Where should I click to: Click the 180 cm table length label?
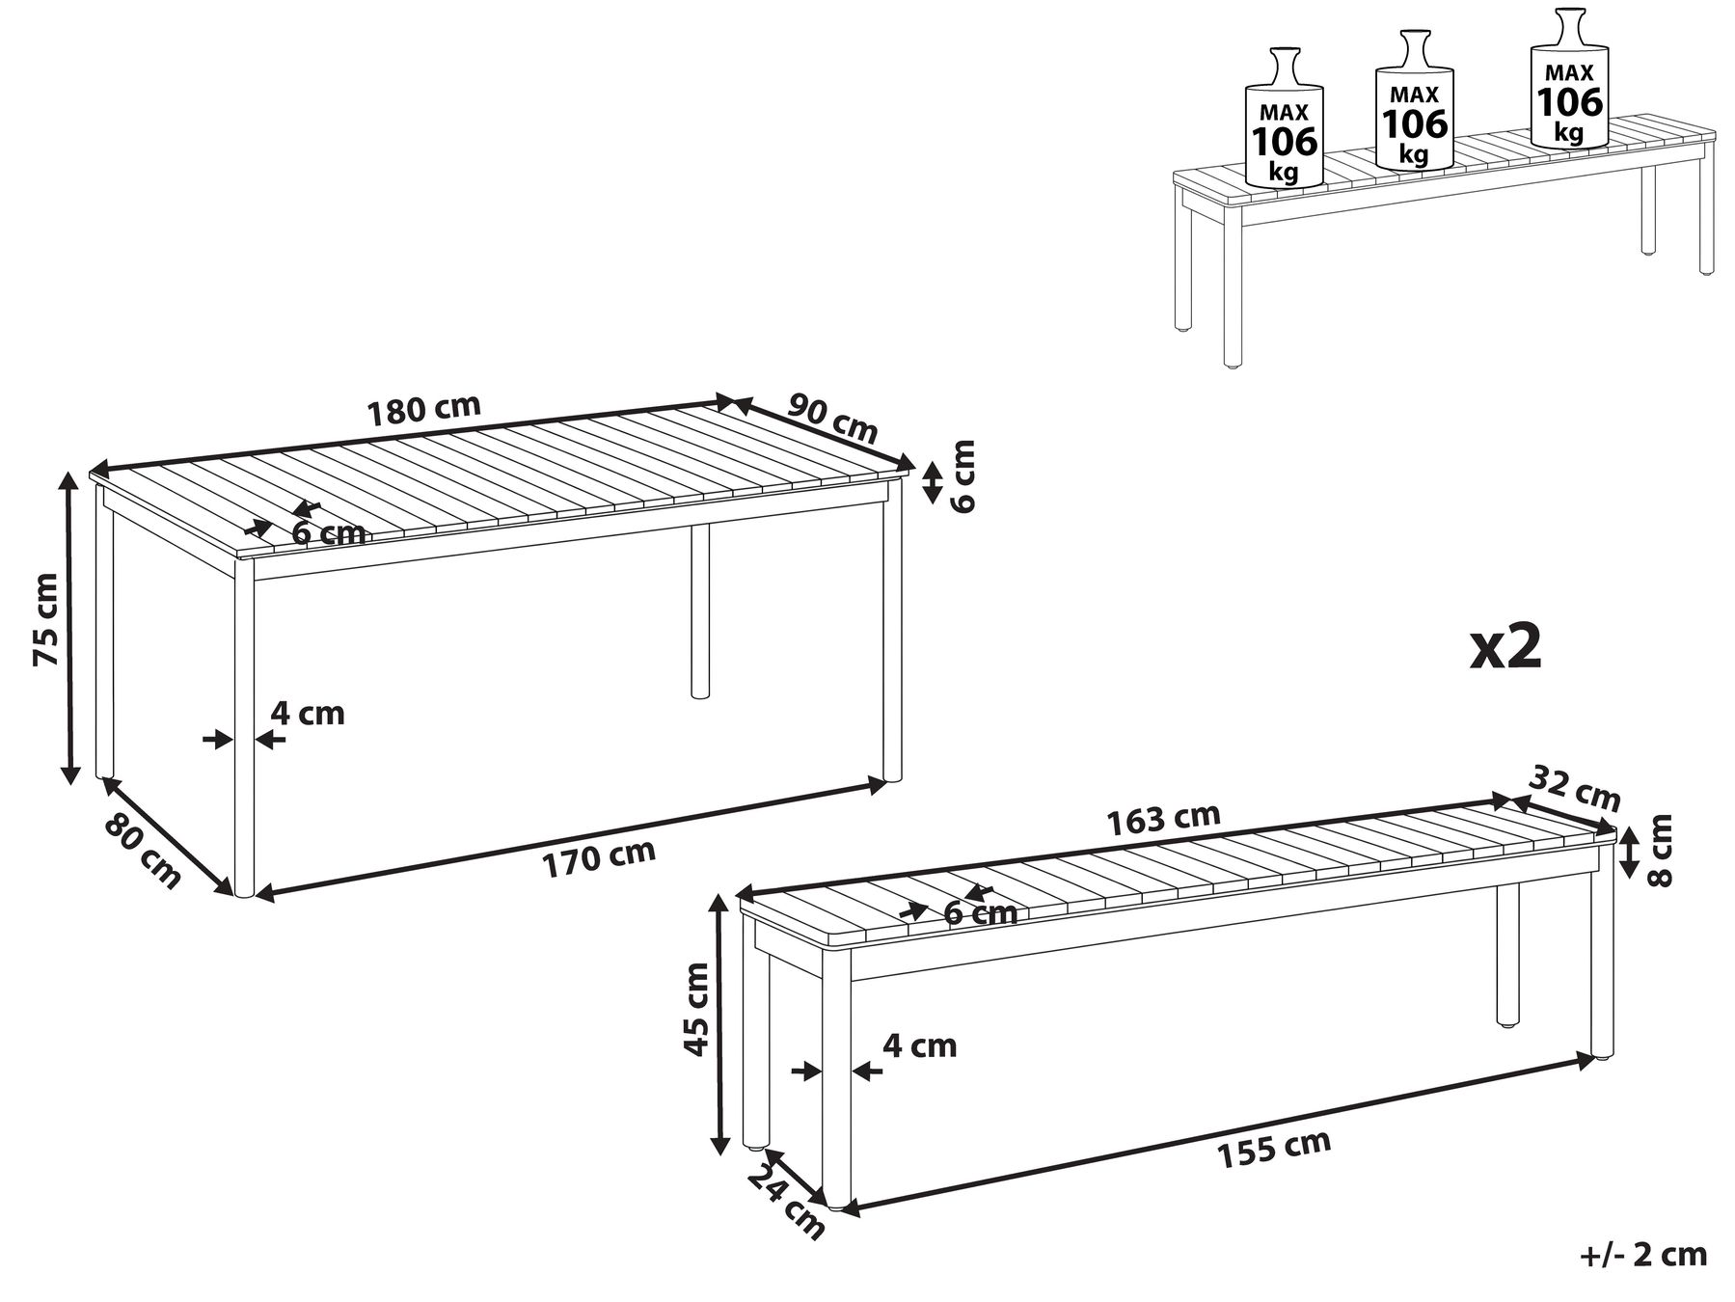coord(424,409)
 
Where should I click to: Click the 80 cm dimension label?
coord(141,852)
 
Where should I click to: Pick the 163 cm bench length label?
coord(1163,819)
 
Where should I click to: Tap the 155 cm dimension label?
coord(1274,1149)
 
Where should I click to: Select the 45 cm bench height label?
coord(695,1009)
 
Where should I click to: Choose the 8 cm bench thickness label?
coord(1660,849)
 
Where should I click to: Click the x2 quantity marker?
coord(1505,648)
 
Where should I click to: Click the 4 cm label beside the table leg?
coord(307,714)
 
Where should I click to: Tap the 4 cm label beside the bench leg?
coord(920,1045)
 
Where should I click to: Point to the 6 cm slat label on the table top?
coord(329,533)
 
